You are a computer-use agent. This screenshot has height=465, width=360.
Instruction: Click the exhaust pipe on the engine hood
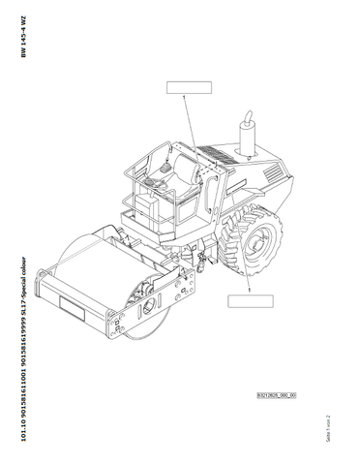pos(245,134)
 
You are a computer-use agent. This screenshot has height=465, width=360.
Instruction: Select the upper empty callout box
pos(189,86)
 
